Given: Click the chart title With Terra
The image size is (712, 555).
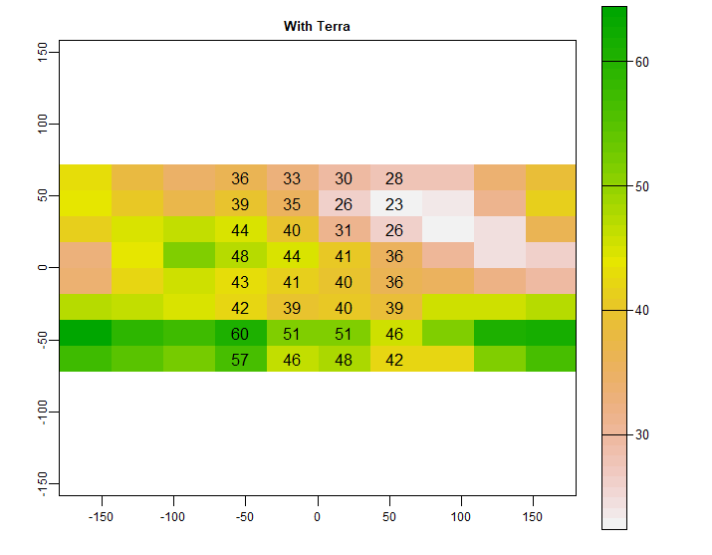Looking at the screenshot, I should pyautogui.click(x=317, y=26).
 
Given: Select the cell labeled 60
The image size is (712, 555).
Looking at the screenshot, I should pyautogui.click(x=240, y=334).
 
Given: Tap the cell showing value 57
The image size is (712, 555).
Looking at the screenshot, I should pyautogui.click(x=240, y=360).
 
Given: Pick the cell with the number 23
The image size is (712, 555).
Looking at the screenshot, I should pyautogui.click(x=394, y=204).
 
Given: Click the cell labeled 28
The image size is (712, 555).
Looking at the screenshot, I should pyautogui.click(x=394, y=178).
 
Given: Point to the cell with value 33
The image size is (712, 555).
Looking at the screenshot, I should pyautogui.click(x=292, y=178).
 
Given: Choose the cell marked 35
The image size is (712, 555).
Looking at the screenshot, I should pyautogui.click(x=292, y=204).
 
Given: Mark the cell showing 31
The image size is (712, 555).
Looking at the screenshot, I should pyautogui.click(x=344, y=230).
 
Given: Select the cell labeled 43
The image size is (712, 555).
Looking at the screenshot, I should pyautogui.click(x=240, y=282).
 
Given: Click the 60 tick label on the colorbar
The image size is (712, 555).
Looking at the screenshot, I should pyautogui.click(x=642, y=62).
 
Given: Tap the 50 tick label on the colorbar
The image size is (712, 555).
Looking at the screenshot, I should pyautogui.click(x=642, y=186).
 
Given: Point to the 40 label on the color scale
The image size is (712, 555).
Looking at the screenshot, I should pyautogui.click(x=642, y=311).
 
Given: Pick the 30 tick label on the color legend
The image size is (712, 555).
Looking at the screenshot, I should pyautogui.click(x=642, y=435).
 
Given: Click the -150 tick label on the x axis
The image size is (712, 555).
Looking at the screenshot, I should pyautogui.click(x=102, y=518).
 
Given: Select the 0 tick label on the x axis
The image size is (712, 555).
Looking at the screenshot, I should pyautogui.click(x=317, y=518).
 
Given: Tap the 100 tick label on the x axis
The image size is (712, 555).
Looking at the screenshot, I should pyautogui.click(x=460, y=518).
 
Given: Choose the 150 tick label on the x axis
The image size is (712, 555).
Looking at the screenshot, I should pyautogui.click(x=532, y=518).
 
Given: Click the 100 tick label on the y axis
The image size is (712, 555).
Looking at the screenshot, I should pyautogui.click(x=43, y=124).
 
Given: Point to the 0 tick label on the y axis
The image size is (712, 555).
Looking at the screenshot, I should pyautogui.click(x=43, y=267).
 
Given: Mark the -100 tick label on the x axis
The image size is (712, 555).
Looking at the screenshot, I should pyautogui.click(x=173, y=518).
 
